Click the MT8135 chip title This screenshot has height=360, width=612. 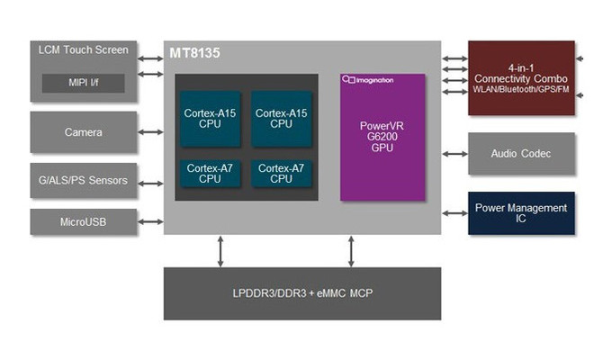point(195,53)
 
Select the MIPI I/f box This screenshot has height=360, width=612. point(83,84)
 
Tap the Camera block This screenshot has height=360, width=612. point(83,132)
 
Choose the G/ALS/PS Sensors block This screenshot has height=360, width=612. point(83,181)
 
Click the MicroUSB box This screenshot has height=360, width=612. point(83,220)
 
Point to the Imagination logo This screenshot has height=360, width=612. point(369,80)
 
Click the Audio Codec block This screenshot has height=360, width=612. point(521,153)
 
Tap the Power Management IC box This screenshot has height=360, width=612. point(521,213)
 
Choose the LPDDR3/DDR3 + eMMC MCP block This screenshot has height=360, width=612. point(302,293)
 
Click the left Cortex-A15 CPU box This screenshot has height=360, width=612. point(210,119)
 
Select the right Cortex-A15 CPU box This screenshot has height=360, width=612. point(281,119)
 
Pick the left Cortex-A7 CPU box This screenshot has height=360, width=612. point(210,173)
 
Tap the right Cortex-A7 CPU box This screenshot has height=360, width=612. point(281,173)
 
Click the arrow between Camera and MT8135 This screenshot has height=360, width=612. point(150,132)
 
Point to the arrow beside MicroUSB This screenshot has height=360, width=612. point(150,220)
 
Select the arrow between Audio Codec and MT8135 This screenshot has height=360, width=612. point(454,153)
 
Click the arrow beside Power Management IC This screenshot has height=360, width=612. point(454,213)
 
